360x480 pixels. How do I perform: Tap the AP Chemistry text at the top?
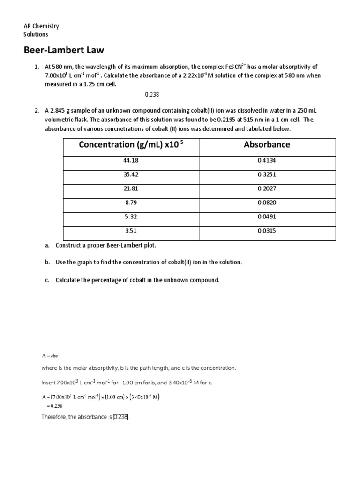coord(41,26)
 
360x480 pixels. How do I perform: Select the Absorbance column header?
coord(267,145)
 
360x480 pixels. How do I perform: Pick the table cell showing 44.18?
coord(132,161)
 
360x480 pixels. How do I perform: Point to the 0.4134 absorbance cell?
coord(267,161)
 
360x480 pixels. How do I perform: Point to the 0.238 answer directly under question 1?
coord(152,94)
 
